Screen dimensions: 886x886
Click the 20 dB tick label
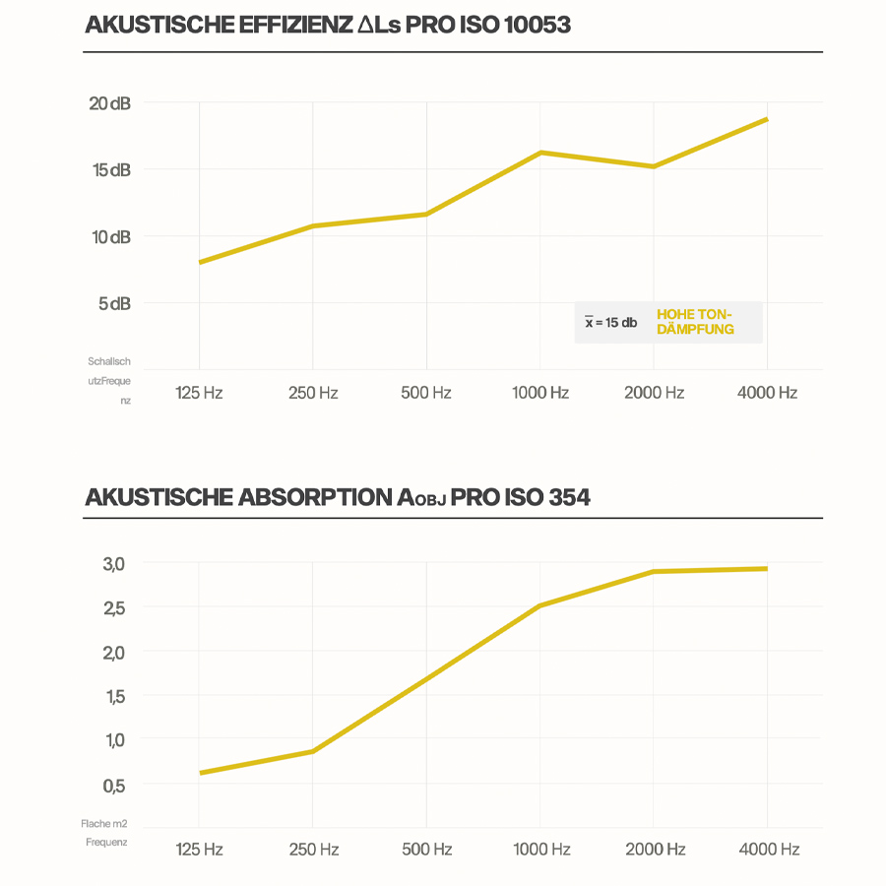pyautogui.click(x=109, y=103)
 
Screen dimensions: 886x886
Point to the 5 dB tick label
pyautogui.click(x=113, y=303)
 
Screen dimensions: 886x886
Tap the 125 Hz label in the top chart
pyautogui.click(x=199, y=393)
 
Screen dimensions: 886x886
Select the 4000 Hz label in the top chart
pyautogui.click(x=767, y=393)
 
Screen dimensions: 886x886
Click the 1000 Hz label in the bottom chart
pyautogui.click(x=540, y=849)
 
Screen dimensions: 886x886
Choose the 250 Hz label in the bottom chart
pyautogui.click(x=313, y=849)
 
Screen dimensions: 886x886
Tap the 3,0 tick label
pyautogui.click(x=114, y=564)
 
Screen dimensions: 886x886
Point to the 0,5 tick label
pyautogui.click(x=114, y=786)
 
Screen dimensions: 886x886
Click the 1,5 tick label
pyautogui.click(x=114, y=697)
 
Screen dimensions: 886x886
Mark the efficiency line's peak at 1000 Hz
pyautogui.click(x=540, y=153)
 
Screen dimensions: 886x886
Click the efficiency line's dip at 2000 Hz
pyautogui.click(x=654, y=166)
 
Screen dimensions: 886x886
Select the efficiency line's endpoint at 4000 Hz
pyautogui.click(x=766, y=119)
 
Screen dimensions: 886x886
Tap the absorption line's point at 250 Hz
pyautogui.click(x=313, y=751)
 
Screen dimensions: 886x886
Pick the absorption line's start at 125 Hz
pyautogui.click(x=200, y=773)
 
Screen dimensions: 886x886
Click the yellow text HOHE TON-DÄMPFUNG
pyautogui.click(x=695, y=322)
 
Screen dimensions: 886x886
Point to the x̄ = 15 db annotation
pyautogui.click(x=610, y=323)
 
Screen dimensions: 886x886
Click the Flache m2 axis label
pyautogui.click(x=104, y=823)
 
